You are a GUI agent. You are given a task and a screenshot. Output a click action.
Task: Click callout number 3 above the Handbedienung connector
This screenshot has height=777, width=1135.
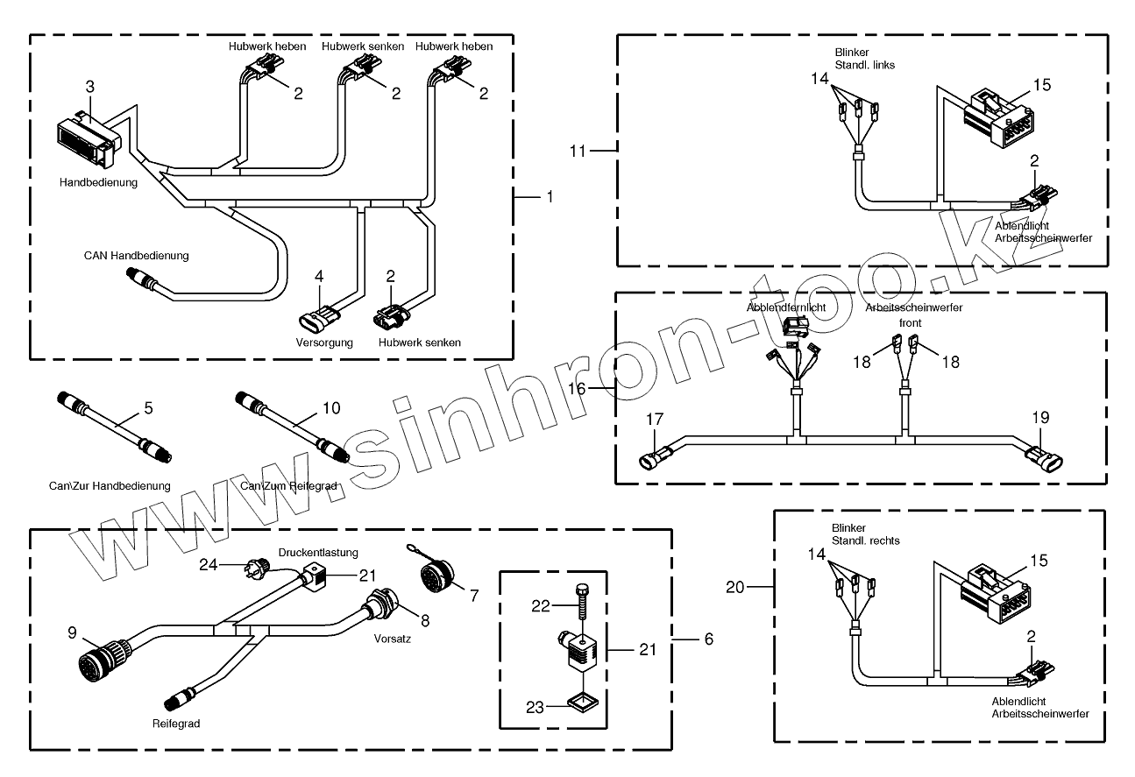click(90, 87)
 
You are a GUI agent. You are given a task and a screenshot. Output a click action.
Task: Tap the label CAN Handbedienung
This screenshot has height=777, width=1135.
click(137, 256)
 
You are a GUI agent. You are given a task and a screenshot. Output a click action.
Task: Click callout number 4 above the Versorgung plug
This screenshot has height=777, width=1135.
click(319, 276)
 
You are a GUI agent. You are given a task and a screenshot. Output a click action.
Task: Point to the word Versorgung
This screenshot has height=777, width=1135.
click(324, 342)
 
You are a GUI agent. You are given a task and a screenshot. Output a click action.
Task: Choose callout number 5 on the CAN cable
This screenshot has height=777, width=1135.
click(148, 408)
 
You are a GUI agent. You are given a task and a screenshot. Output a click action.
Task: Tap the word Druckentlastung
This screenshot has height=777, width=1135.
click(318, 553)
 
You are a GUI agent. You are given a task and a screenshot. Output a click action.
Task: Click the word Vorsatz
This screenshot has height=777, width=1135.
click(392, 639)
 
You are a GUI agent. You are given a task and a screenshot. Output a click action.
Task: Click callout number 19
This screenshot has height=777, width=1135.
click(1039, 418)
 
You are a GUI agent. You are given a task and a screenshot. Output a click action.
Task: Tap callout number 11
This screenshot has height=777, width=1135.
click(577, 151)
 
